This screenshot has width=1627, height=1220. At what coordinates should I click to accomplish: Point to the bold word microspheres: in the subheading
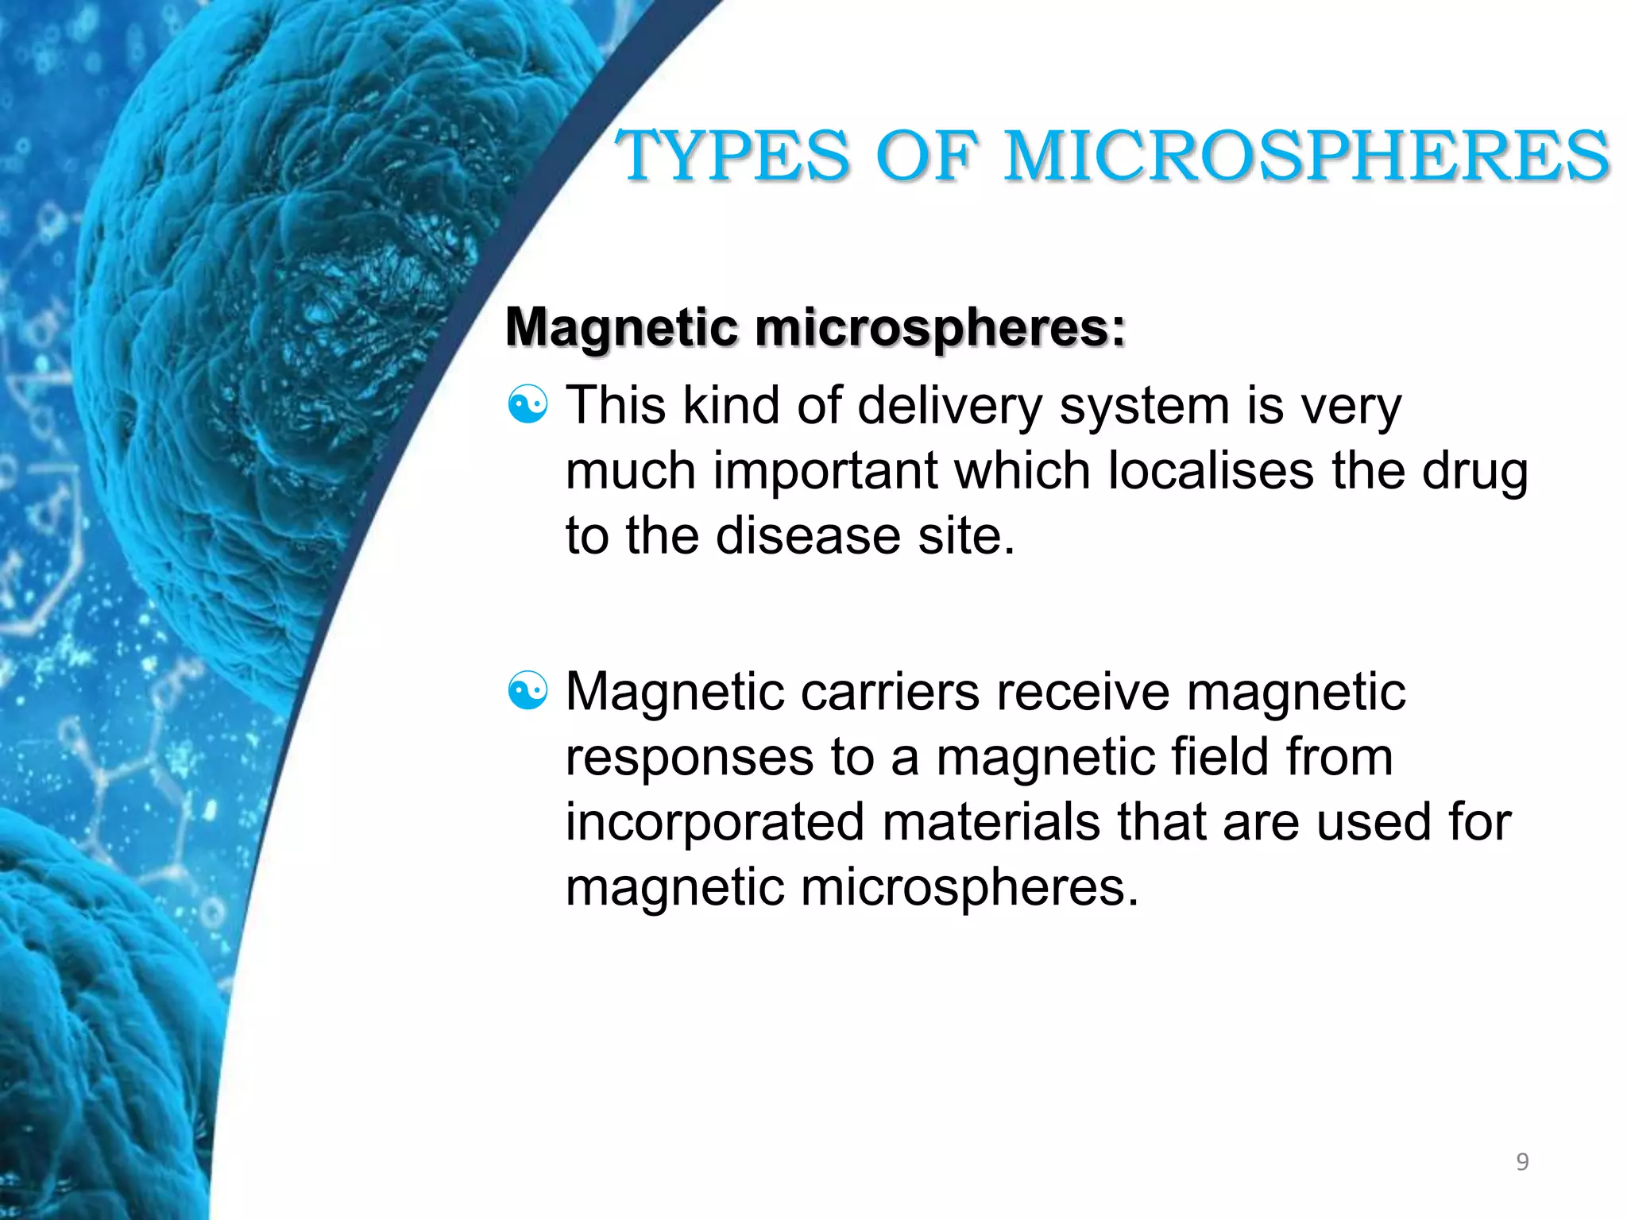(x=939, y=327)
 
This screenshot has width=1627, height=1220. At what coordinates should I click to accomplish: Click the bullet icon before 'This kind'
(x=528, y=405)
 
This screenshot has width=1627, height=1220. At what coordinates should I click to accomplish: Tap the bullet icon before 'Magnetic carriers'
(x=528, y=690)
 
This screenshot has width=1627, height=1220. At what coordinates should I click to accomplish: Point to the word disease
(x=808, y=535)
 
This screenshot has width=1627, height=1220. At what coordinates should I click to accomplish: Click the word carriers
(x=890, y=692)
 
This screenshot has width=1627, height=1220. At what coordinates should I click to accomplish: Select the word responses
(x=689, y=759)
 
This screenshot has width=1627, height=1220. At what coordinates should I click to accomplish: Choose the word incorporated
(x=714, y=823)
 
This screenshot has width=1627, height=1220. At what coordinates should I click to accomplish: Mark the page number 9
(x=1521, y=1162)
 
